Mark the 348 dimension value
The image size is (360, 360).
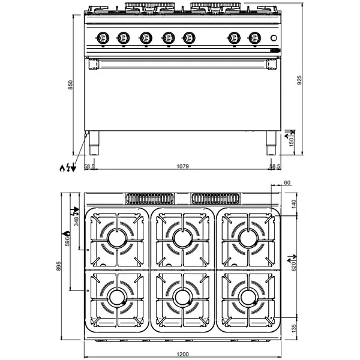coord(76,220)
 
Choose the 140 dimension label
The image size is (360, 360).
coord(294,203)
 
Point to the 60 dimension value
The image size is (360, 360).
coord(287,182)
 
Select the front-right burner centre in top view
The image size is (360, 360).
coord(248,296)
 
